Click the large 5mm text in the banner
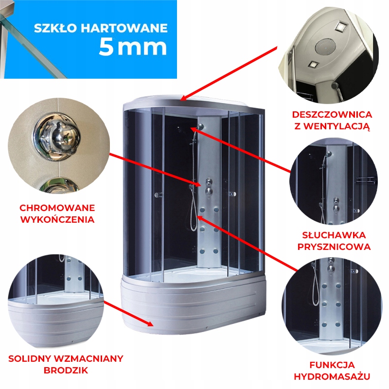tap(132, 47)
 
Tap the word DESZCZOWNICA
tap(332, 115)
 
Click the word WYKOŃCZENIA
tap(57, 219)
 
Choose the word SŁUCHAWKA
tap(334, 235)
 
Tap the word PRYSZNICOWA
tap(334, 247)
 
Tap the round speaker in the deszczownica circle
tap(325, 48)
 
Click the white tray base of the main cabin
tap(194, 304)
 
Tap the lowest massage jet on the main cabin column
tap(202, 251)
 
